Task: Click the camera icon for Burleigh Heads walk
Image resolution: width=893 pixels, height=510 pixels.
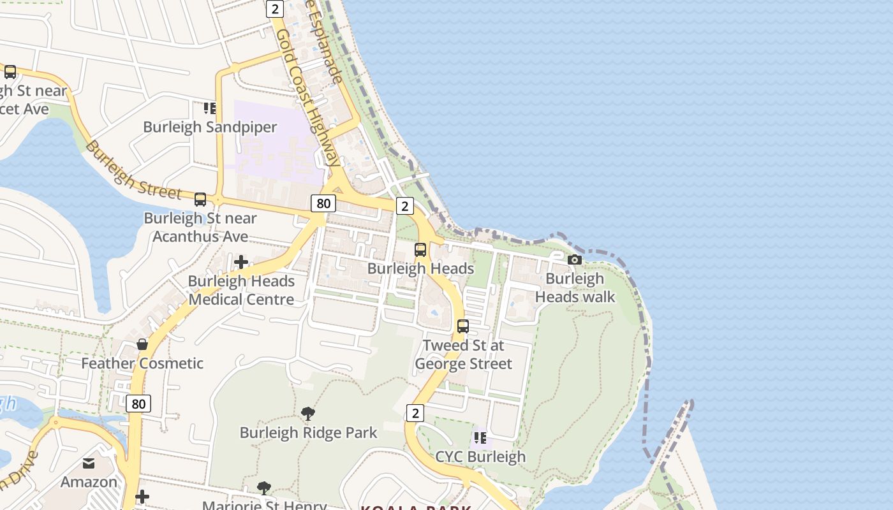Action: (x=575, y=259)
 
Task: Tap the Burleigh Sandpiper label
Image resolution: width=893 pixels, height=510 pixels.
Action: (x=210, y=127)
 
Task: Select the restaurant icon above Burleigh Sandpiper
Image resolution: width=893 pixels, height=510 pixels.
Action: (x=210, y=108)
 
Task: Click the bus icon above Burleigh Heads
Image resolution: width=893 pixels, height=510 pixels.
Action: (x=420, y=250)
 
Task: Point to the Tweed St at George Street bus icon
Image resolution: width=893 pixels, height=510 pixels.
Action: (x=463, y=326)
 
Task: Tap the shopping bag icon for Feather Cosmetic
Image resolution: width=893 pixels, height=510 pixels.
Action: (x=142, y=344)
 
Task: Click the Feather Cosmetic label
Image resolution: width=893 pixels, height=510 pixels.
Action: (x=142, y=363)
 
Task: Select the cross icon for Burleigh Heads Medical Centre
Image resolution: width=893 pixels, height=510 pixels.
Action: (x=241, y=262)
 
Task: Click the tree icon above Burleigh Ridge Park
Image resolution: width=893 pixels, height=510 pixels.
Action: (x=308, y=414)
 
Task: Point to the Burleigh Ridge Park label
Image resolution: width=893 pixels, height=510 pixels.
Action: (x=308, y=433)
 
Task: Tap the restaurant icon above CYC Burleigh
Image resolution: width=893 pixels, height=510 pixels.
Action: (x=480, y=438)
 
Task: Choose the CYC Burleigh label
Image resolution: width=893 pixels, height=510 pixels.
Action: (x=480, y=456)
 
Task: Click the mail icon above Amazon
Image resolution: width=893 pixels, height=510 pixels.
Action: (x=89, y=463)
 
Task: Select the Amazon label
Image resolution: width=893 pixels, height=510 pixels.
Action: (x=89, y=482)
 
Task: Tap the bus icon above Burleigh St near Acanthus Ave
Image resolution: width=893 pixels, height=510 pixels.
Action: (x=200, y=200)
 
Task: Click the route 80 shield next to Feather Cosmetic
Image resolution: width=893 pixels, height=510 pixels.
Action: (x=138, y=404)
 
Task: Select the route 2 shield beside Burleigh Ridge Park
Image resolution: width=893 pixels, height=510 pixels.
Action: (x=415, y=413)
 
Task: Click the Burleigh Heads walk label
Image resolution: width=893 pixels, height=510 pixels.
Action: (x=575, y=288)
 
